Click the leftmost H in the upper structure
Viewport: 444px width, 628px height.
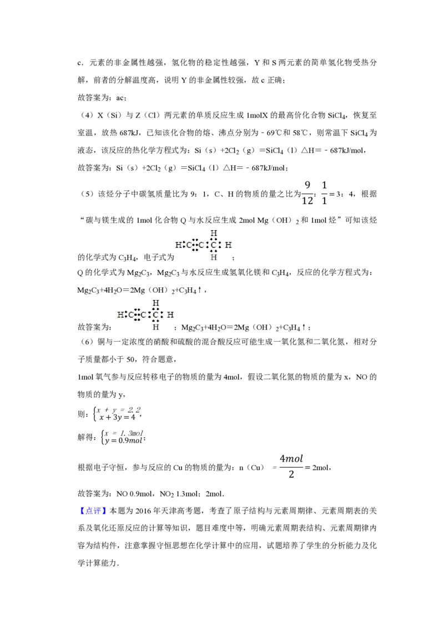click(178, 245)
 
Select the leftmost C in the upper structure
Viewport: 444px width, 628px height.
click(189, 245)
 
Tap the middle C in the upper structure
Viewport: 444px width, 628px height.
click(201, 245)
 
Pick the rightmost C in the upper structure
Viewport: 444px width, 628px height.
click(214, 245)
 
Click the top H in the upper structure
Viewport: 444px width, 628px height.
click(214, 233)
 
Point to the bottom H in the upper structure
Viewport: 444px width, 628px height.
click(214, 257)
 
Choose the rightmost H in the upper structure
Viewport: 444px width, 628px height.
click(228, 245)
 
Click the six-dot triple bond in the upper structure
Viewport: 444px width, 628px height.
click(195, 245)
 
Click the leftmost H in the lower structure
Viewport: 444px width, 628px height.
click(120, 315)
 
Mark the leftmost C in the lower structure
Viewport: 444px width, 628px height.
click(131, 315)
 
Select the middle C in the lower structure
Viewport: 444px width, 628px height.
click(144, 315)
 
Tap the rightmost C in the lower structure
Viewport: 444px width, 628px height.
click(156, 315)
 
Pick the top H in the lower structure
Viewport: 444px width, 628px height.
click(156, 303)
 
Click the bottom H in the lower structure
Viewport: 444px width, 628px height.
click(156, 328)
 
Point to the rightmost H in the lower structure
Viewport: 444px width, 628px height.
click(170, 315)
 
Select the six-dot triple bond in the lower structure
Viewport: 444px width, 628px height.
click(137, 315)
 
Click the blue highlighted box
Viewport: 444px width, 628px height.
click(93, 510)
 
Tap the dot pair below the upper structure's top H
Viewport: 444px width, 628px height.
click(214, 239)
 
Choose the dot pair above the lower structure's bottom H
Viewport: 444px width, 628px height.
click(156, 321)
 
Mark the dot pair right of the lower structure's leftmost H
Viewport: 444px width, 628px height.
click(126, 315)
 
